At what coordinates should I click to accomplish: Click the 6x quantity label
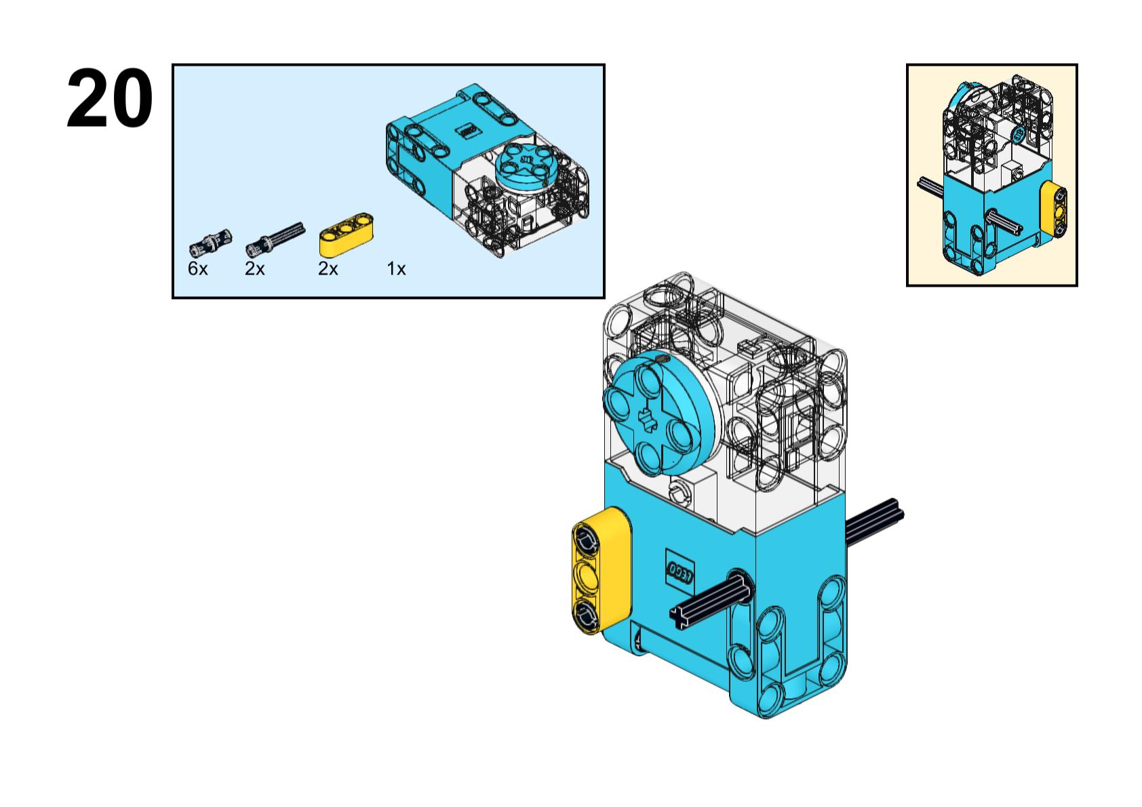click(x=197, y=269)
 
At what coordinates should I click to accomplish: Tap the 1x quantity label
click(x=396, y=269)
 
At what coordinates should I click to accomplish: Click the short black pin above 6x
click(x=210, y=240)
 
